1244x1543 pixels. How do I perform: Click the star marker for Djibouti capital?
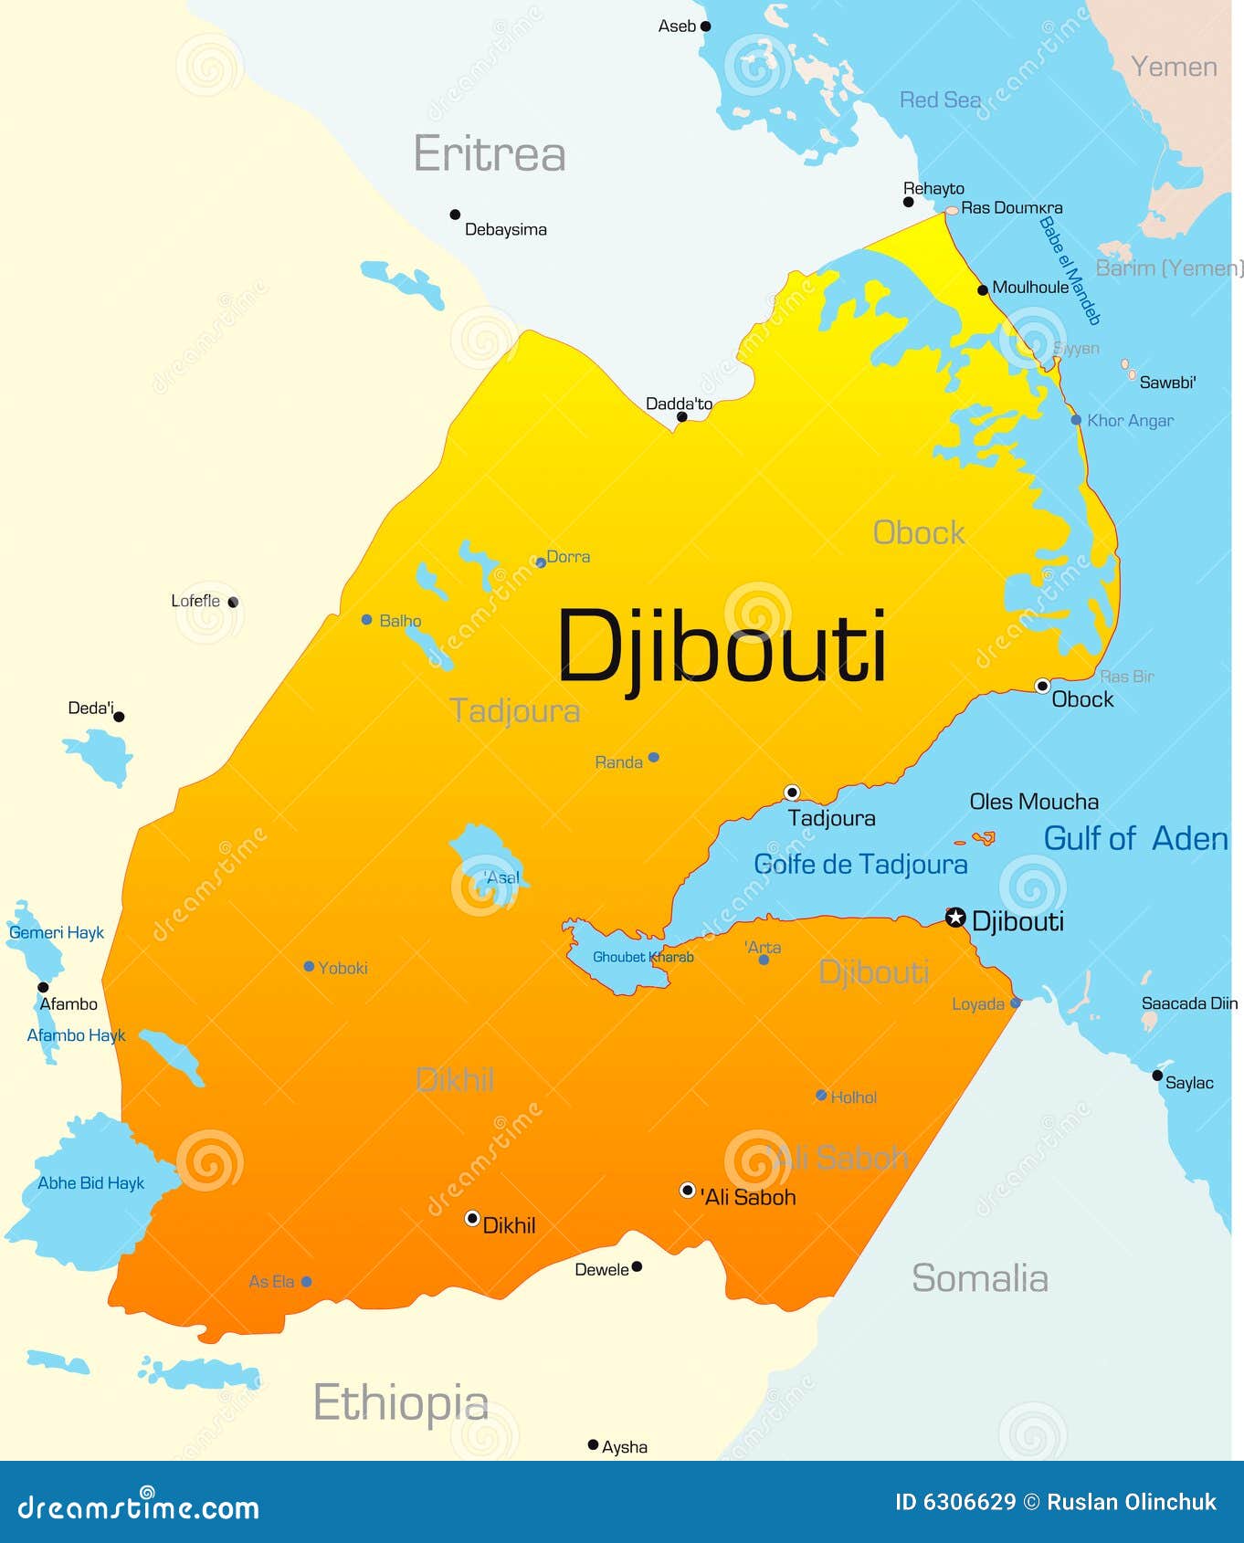[x=955, y=918]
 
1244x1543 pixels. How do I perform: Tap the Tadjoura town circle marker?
[x=792, y=792]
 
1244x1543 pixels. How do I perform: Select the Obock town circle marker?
[x=1042, y=686]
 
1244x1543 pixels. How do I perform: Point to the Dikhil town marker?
[x=472, y=1218]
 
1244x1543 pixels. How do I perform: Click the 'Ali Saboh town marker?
[x=688, y=1190]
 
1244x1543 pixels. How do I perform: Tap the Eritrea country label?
[x=490, y=153]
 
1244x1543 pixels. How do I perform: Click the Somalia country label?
[x=979, y=1278]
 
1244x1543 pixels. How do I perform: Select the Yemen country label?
[x=1174, y=67]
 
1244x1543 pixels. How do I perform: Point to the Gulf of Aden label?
[x=1135, y=838]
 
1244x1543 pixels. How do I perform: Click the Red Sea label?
[x=940, y=100]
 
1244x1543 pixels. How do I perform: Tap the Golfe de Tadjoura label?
[x=860, y=864]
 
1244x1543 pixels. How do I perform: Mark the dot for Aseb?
[x=705, y=26]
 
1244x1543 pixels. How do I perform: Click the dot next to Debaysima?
[x=455, y=215]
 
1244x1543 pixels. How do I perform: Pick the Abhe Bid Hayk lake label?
[x=90, y=1183]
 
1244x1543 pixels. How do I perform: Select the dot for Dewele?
[x=637, y=1266]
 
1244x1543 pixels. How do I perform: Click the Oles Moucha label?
[x=1034, y=802]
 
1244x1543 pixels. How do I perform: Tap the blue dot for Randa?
[x=653, y=757]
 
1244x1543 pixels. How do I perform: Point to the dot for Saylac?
[x=1157, y=1076]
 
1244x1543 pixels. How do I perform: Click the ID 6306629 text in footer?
[x=954, y=1502]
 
